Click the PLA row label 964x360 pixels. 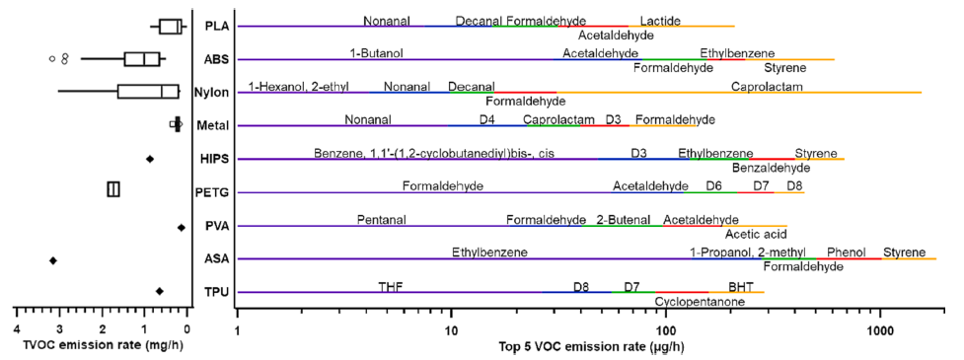click(x=212, y=26)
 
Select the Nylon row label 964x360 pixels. click(x=211, y=93)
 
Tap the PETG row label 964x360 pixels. click(x=211, y=192)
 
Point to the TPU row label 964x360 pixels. click(x=212, y=293)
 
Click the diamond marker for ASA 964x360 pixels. click(x=53, y=260)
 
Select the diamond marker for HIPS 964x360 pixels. click(x=150, y=159)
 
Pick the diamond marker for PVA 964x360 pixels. click(x=182, y=227)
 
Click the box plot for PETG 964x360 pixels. click(x=113, y=189)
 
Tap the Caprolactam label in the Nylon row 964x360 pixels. click(x=767, y=87)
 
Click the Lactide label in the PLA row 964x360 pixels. click(x=659, y=21)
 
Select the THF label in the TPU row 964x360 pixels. click(x=391, y=286)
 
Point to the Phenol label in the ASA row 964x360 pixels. click(x=847, y=252)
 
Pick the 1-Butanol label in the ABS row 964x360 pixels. click(x=377, y=53)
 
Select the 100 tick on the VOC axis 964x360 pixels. click(x=666, y=329)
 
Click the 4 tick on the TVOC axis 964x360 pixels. click(x=16, y=329)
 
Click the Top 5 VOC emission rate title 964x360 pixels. click(x=589, y=346)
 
